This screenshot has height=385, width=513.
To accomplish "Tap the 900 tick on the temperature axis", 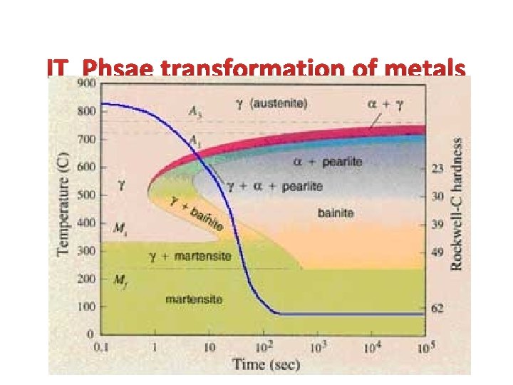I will [x=86, y=83].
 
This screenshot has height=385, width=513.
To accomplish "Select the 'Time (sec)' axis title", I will [x=266, y=364].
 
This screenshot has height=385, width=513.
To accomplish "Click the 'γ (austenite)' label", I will [x=271, y=103].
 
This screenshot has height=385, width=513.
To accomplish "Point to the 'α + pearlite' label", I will [x=328, y=162].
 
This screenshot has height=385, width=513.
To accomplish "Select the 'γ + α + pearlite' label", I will [x=274, y=187].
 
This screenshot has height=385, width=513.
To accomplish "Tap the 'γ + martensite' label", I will [x=190, y=255].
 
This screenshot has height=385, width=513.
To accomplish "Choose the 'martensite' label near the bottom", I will [x=193, y=299].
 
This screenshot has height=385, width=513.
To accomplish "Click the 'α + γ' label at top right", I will [x=385, y=104].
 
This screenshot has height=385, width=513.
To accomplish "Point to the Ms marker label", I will [x=121, y=228].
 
